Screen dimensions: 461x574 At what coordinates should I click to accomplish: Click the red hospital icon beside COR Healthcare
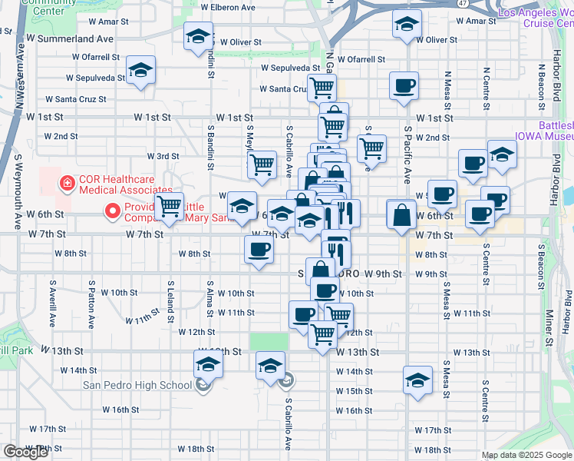coord(68,183)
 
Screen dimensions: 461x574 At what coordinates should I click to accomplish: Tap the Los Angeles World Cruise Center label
coord(534,18)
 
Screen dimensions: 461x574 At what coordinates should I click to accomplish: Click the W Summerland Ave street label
coord(69,38)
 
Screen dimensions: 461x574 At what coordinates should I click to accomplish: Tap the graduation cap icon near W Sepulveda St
coord(140,71)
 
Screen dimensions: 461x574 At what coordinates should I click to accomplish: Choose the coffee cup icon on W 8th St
coord(259,250)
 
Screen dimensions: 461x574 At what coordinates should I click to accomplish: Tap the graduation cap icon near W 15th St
coord(417,380)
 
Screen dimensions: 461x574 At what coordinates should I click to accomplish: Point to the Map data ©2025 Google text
coord(526,455)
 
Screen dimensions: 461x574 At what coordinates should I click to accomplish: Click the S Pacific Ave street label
coord(407,154)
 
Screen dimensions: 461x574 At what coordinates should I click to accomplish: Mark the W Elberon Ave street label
coord(227,7)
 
